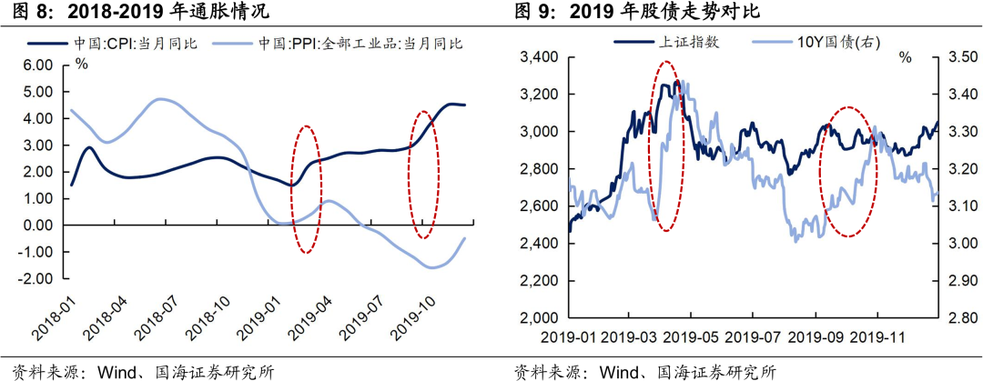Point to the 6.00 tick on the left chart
coord(38,65)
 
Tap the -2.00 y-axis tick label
coord(36,278)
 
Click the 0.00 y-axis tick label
coord(38,226)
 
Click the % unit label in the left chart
coord(81,64)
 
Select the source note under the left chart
coord(137,370)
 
